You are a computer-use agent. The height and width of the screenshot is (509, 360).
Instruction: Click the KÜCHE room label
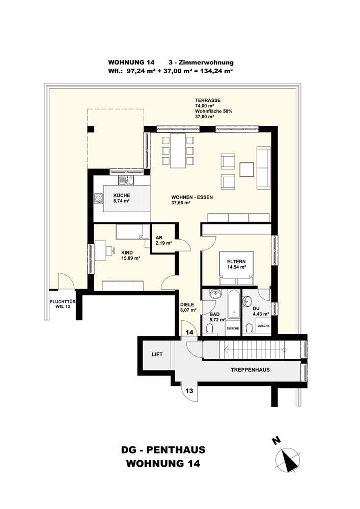click(121, 195)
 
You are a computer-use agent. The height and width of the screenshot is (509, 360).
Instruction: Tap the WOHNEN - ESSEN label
click(192, 197)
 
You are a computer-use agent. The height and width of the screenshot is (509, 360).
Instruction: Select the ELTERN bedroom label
click(236, 262)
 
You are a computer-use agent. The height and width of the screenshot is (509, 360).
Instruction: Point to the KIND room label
click(127, 253)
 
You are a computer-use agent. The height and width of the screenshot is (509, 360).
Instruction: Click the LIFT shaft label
click(157, 354)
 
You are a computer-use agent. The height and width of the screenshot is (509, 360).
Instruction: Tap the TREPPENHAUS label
click(250, 370)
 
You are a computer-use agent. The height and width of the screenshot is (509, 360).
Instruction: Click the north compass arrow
click(287, 459)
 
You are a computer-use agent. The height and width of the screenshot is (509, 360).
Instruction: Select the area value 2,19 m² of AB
click(164, 242)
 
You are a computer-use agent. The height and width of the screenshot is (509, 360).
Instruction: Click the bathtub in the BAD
click(234, 303)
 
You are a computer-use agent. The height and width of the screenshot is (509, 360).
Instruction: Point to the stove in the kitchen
click(98, 197)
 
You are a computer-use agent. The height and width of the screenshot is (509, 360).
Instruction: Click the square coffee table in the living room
click(247, 169)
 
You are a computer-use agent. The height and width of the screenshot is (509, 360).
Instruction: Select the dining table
click(178, 150)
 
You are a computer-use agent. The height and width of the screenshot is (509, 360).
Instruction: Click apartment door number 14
click(189, 332)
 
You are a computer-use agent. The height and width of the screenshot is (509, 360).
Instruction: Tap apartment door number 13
click(189, 390)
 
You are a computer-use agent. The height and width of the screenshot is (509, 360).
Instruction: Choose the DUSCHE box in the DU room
click(263, 326)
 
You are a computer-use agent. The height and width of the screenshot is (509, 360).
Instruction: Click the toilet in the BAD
click(209, 330)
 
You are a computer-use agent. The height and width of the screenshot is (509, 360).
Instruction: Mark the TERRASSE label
click(208, 100)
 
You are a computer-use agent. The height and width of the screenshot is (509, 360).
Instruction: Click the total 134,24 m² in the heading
click(217, 70)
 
